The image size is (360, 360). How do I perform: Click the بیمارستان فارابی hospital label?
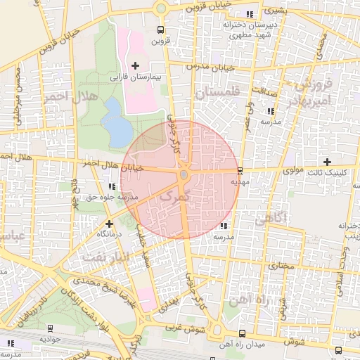(x=138, y=76)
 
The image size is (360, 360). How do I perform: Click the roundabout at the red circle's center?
(x=183, y=174)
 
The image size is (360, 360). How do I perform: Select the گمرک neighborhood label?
(x=175, y=198)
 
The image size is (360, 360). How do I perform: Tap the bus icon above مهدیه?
(x=240, y=171)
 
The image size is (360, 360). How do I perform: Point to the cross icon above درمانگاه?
(x=109, y=224)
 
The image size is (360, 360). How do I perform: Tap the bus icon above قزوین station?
(x=161, y=30)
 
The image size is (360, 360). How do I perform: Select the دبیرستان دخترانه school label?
(x=252, y=24)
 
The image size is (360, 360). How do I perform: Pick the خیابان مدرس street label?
(x=209, y=67)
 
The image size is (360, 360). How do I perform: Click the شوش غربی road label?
(x=205, y=327)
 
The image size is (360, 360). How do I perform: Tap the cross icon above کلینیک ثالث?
(x=327, y=162)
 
